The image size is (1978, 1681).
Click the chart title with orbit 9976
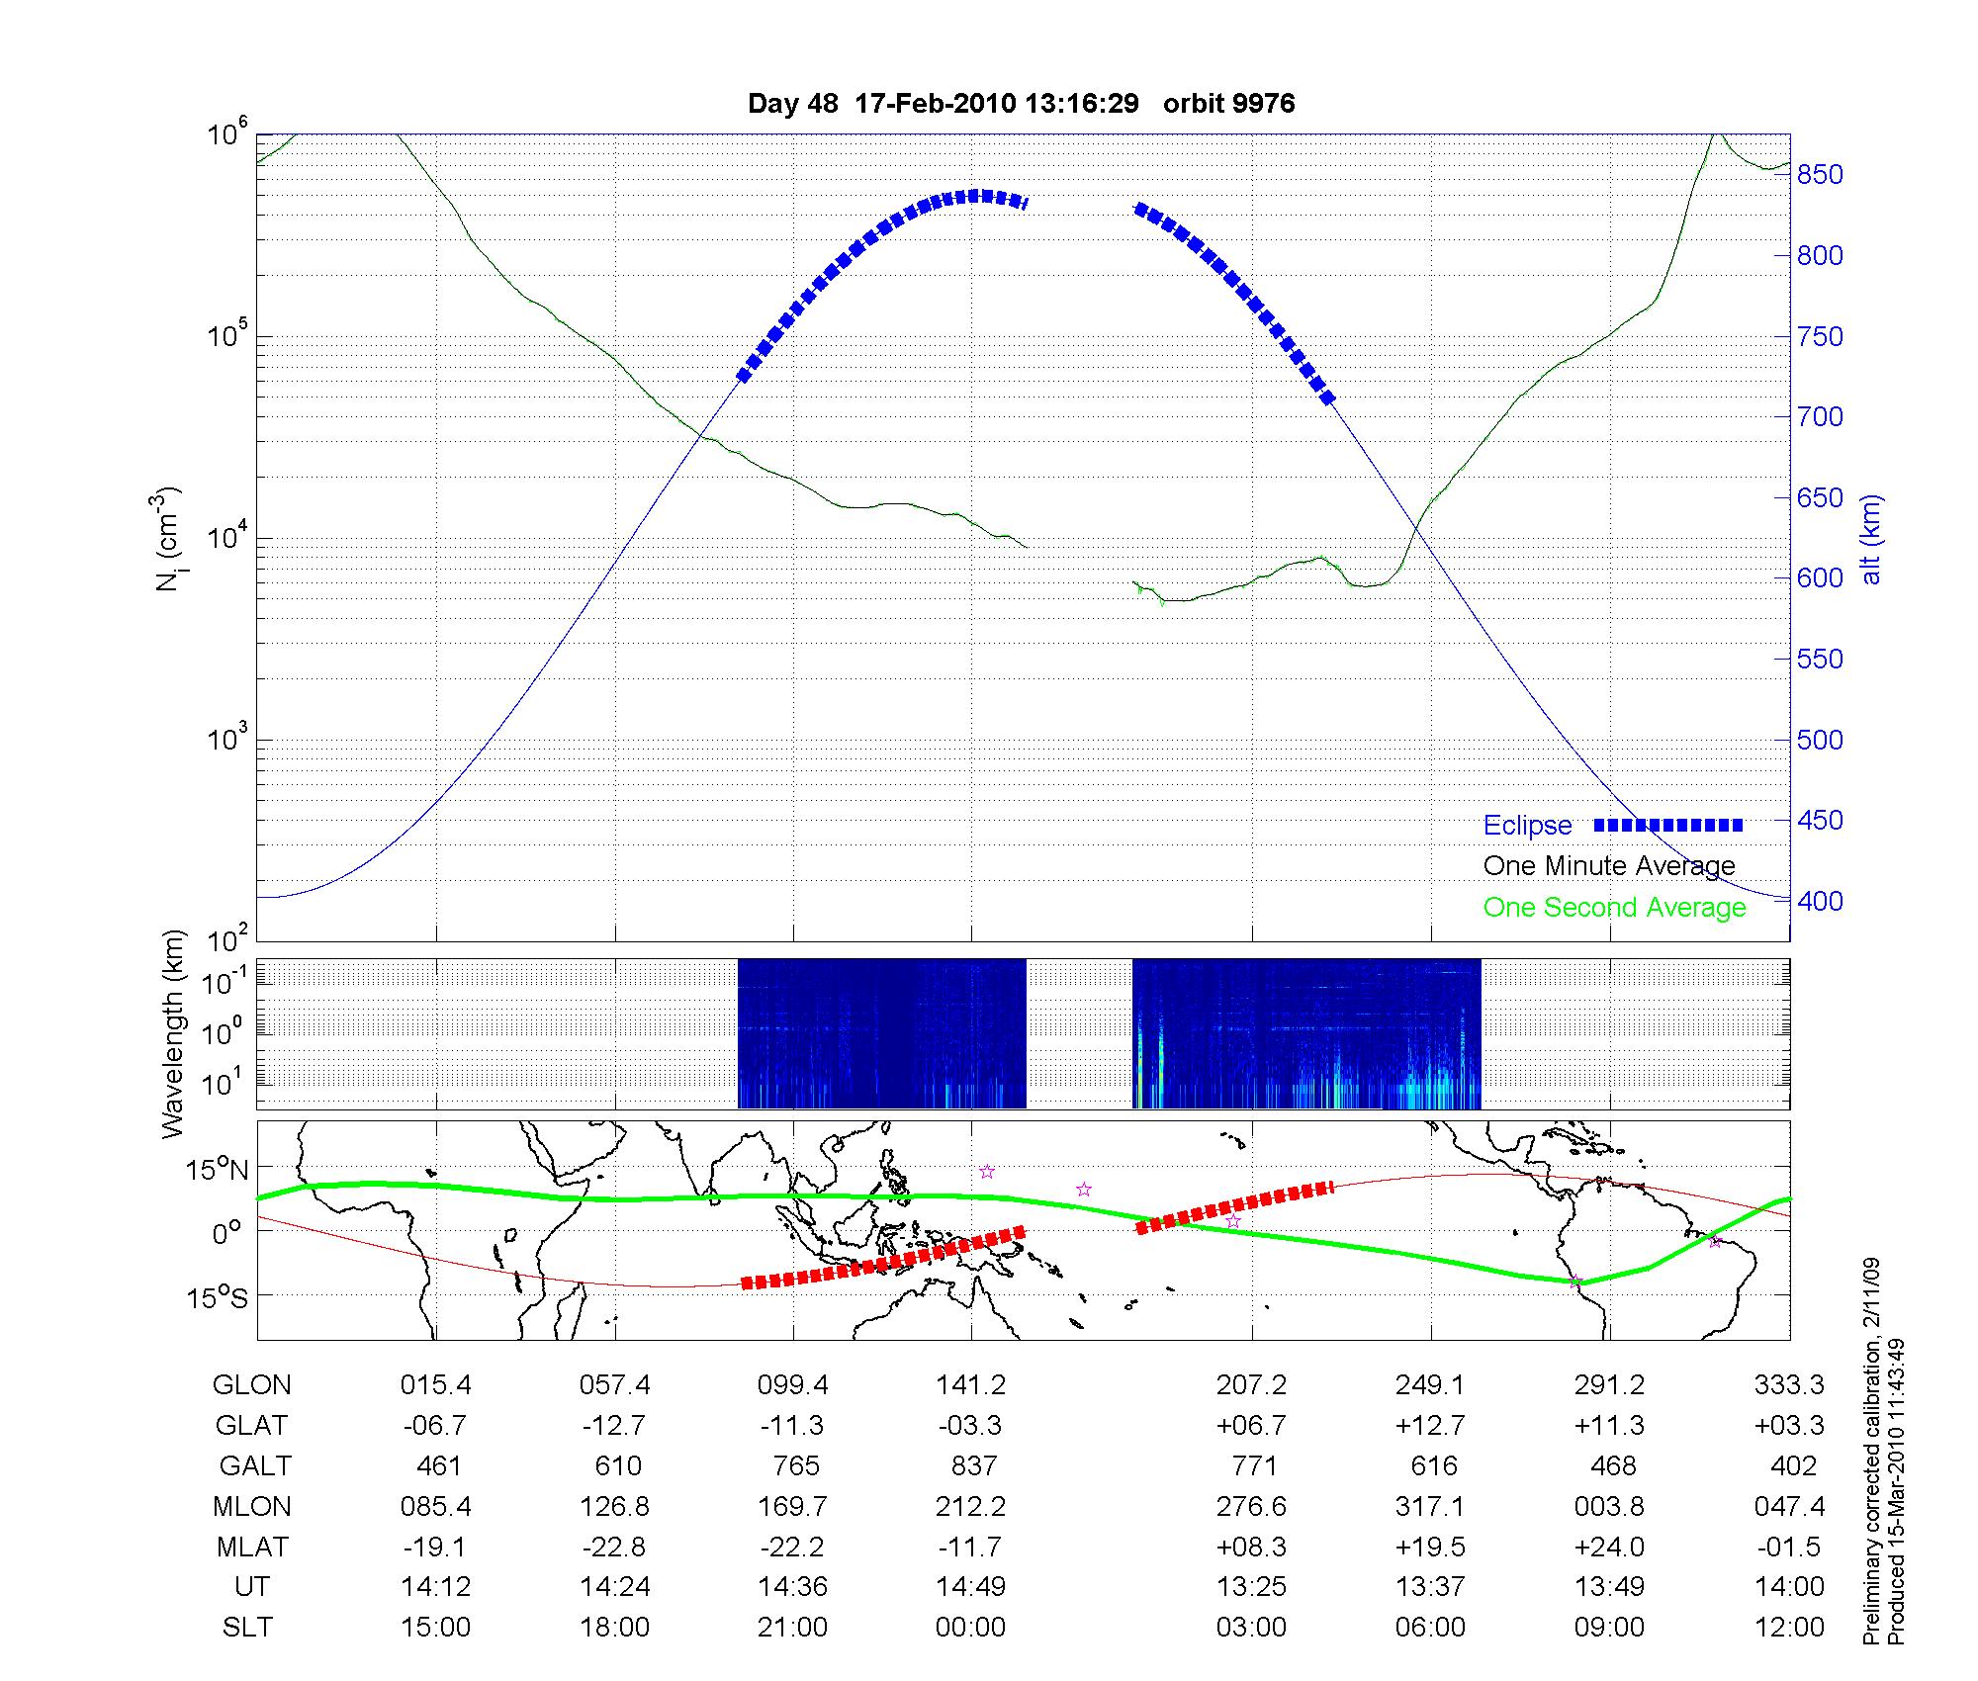click(1021, 104)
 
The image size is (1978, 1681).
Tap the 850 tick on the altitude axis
click(1820, 175)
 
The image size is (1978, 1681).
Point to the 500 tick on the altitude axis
click(1820, 741)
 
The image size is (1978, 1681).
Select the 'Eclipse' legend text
click(1527, 826)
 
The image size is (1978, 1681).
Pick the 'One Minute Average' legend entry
click(1609, 866)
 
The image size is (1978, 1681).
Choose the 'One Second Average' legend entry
click(1614, 908)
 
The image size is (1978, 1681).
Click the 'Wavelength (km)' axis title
click(173, 1034)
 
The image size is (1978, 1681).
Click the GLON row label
click(252, 1385)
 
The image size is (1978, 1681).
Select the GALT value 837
click(973, 1465)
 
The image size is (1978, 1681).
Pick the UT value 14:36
click(793, 1587)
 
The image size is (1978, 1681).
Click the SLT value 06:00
click(1430, 1627)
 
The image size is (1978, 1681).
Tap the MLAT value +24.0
click(1610, 1547)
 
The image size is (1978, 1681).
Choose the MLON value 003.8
click(1610, 1506)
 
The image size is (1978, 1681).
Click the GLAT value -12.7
click(615, 1426)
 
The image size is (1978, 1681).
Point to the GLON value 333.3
click(1789, 1385)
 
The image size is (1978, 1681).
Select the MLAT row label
click(252, 1547)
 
